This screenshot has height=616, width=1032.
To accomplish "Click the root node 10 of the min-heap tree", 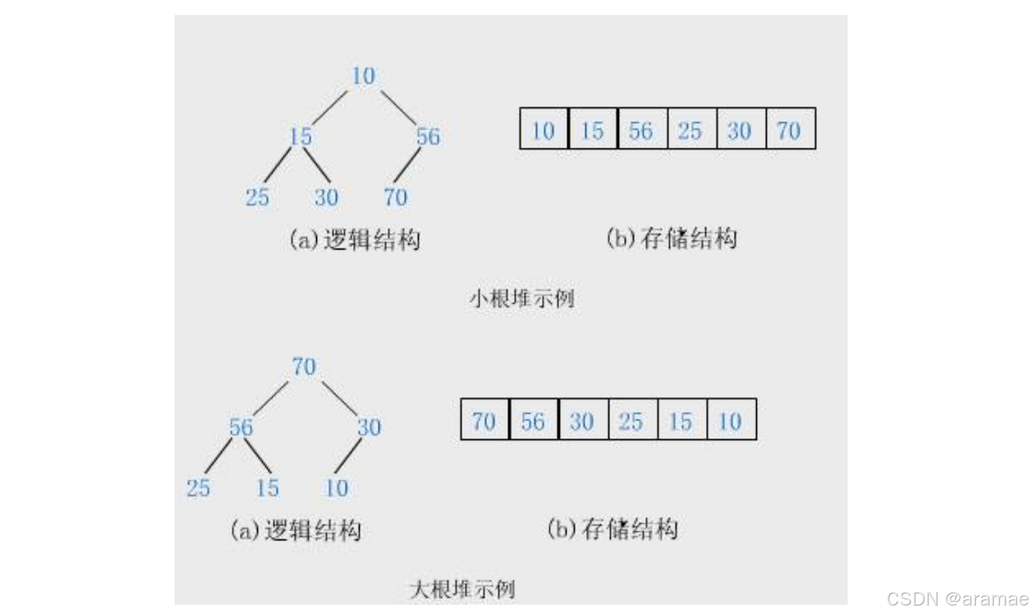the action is pyautogui.click(x=363, y=76).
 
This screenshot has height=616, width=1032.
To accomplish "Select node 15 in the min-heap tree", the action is pyautogui.click(x=301, y=137).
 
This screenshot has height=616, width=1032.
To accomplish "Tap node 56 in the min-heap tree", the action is pyautogui.click(x=428, y=137).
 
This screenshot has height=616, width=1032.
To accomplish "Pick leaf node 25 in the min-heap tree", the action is pyautogui.click(x=257, y=198).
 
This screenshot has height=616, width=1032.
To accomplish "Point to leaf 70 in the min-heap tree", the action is pyautogui.click(x=395, y=198).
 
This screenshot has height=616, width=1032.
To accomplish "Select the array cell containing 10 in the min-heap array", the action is pyautogui.click(x=543, y=131).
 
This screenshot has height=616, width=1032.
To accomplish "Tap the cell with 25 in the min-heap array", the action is pyautogui.click(x=690, y=131).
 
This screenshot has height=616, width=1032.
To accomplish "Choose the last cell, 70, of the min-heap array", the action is pyautogui.click(x=789, y=131).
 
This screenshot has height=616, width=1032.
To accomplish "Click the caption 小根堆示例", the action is pyautogui.click(x=522, y=299).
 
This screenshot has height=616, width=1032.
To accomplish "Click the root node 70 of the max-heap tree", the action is pyautogui.click(x=304, y=367).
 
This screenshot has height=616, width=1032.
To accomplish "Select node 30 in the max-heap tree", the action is pyautogui.click(x=369, y=428).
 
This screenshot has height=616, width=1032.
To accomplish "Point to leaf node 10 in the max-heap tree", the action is pyautogui.click(x=337, y=489).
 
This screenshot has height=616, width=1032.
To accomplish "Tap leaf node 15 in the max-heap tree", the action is pyautogui.click(x=267, y=489).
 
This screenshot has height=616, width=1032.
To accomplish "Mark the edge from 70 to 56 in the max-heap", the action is pyautogui.click(x=270, y=397).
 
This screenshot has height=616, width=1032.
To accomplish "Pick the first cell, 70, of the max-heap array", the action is pyautogui.click(x=484, y=422).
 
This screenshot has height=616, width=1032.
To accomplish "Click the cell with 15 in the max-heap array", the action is pyautogui.click(x=681, y=422).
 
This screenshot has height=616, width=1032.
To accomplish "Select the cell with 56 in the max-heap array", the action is pyautogui.click(x=533, y=422).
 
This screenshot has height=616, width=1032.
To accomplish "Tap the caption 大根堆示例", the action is pyautogui.click(x=462, y=590).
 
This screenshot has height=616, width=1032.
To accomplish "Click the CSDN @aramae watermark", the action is pyautogui.click(x=957, y=599).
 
